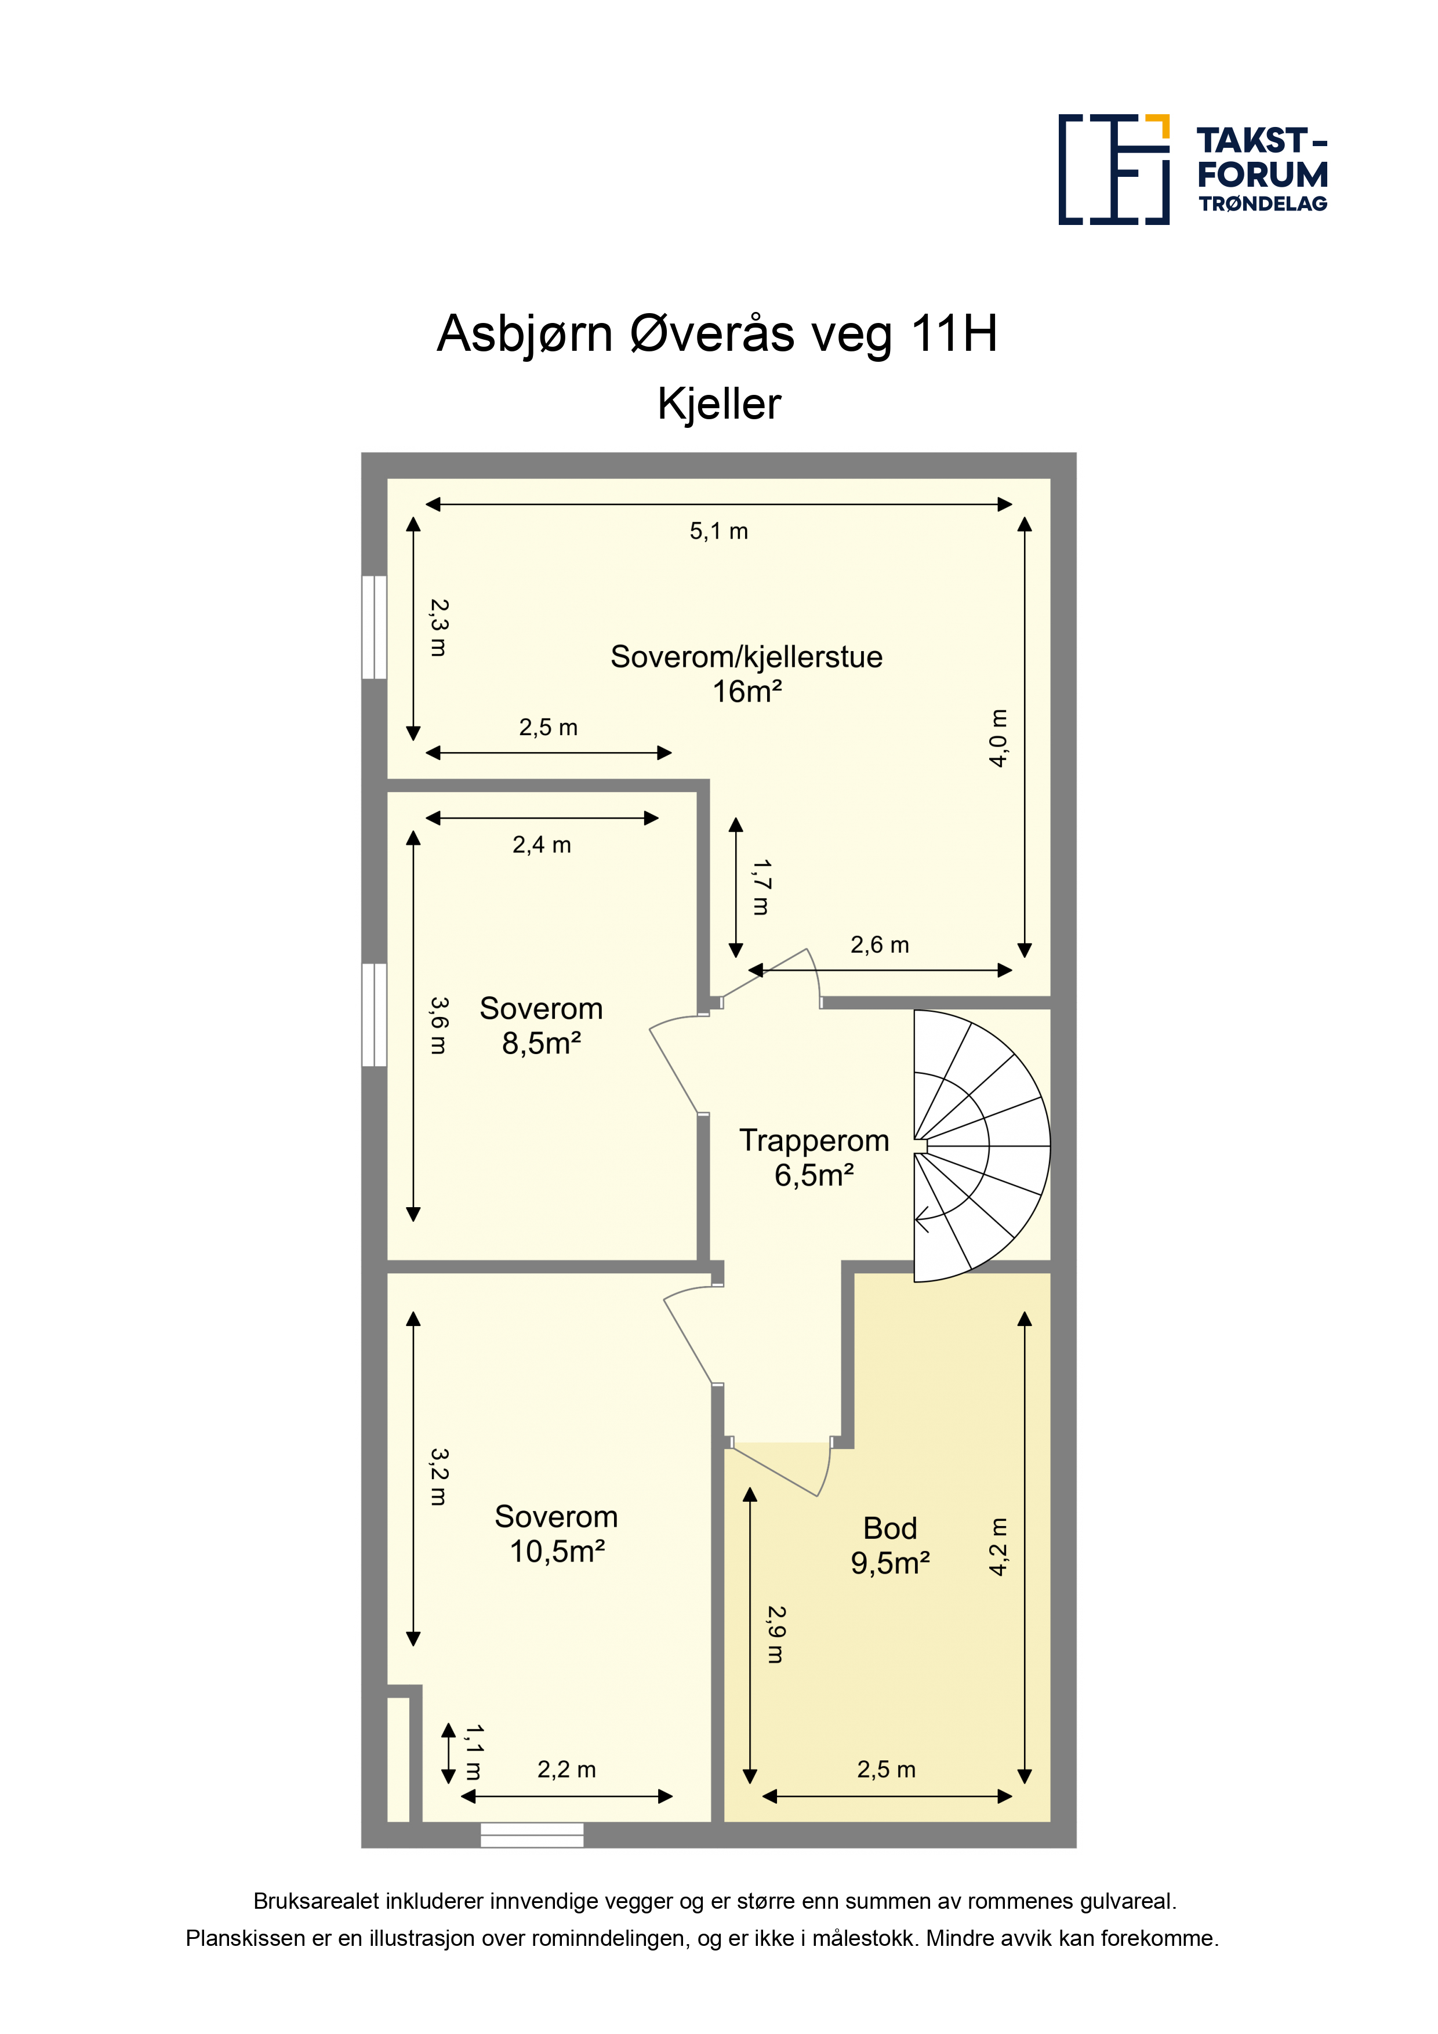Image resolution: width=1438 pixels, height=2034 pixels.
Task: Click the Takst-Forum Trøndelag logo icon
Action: pos(1114,169)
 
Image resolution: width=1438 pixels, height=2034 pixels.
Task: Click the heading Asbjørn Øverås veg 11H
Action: pos(718,334)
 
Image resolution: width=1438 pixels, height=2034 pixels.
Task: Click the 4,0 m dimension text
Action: pos(998,738)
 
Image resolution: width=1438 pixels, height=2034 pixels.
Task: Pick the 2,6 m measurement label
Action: pos(880,945)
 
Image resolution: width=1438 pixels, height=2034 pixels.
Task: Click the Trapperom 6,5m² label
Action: pos(814,1157)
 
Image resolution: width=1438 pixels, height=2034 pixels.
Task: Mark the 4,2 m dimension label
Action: pos(998,1547)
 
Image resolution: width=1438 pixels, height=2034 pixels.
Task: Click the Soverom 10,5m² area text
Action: pos(557,1534)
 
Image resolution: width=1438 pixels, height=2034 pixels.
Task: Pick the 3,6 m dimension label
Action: pos(438,1025)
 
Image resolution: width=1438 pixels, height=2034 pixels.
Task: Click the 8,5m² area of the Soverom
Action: pos(542,1044)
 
